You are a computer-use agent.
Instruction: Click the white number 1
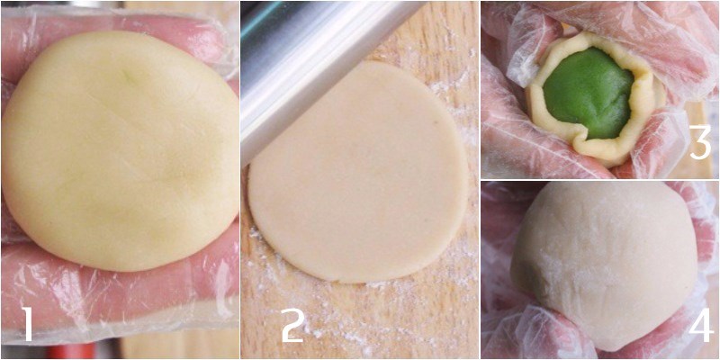point(28,324)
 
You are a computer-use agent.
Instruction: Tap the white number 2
point(293,325)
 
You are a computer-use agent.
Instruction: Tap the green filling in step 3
point(589,93)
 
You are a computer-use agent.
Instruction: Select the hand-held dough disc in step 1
point(121,151)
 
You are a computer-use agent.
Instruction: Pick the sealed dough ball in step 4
point(604,265)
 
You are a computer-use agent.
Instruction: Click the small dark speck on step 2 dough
point(435,121)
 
